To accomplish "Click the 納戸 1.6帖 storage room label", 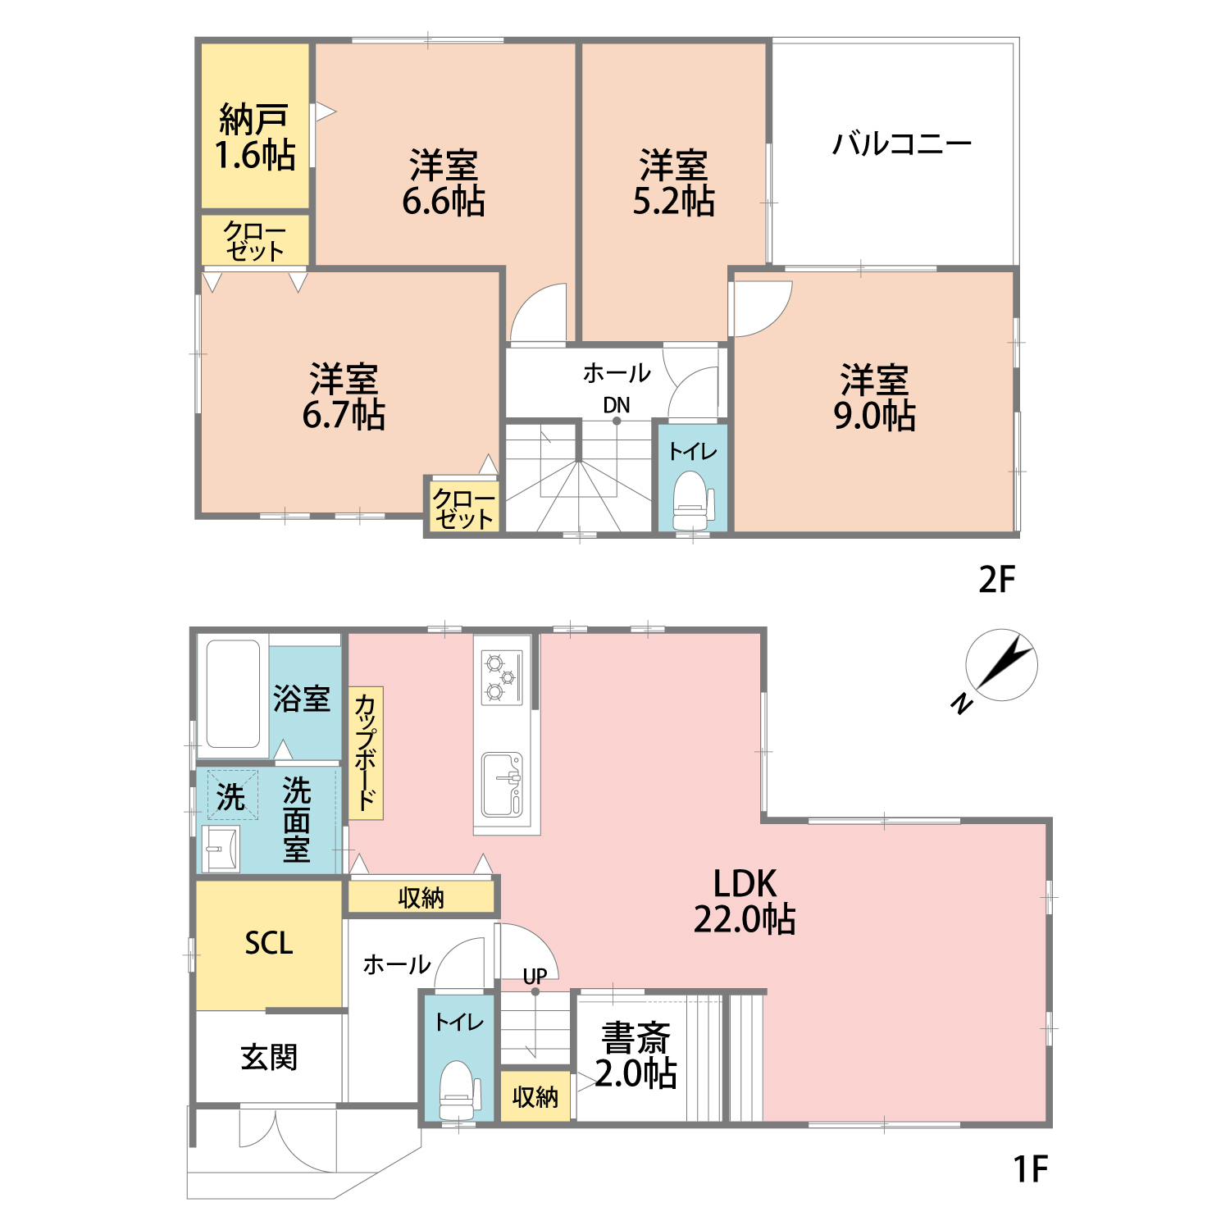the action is pos(255,138).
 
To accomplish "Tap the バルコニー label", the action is pos(902,144).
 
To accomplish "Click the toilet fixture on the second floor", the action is pos(693,501).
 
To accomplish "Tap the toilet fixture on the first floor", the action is pos(459,1091).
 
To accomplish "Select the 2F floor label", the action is pos(997,580).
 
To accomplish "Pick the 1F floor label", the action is pos(1030,1168).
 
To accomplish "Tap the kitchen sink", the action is pos(503,785).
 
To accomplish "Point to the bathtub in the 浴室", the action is pos(234,694).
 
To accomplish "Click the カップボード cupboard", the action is pos(366,753).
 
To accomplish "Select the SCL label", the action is pos(269,943).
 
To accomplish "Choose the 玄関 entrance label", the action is pos(269,1058).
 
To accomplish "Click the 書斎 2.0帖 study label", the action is pos(636,1056).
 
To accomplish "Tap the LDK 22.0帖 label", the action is pos(745,901).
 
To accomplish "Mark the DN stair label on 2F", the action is pos(617,405).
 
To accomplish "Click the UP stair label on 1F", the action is pos(535,977).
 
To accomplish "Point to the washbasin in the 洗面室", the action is pos(221,849).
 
